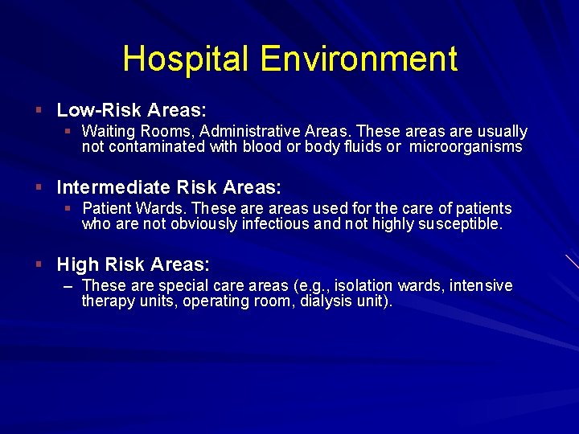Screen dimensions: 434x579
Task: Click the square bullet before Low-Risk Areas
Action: click(x=38, y=109)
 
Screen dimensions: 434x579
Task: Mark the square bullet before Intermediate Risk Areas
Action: click(x=38, y=187)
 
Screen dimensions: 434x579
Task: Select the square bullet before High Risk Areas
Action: click(x=38, y=264)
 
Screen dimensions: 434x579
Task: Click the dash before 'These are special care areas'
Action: click(x=69, y=285)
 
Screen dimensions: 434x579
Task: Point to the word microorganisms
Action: click(x=466, y=147)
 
